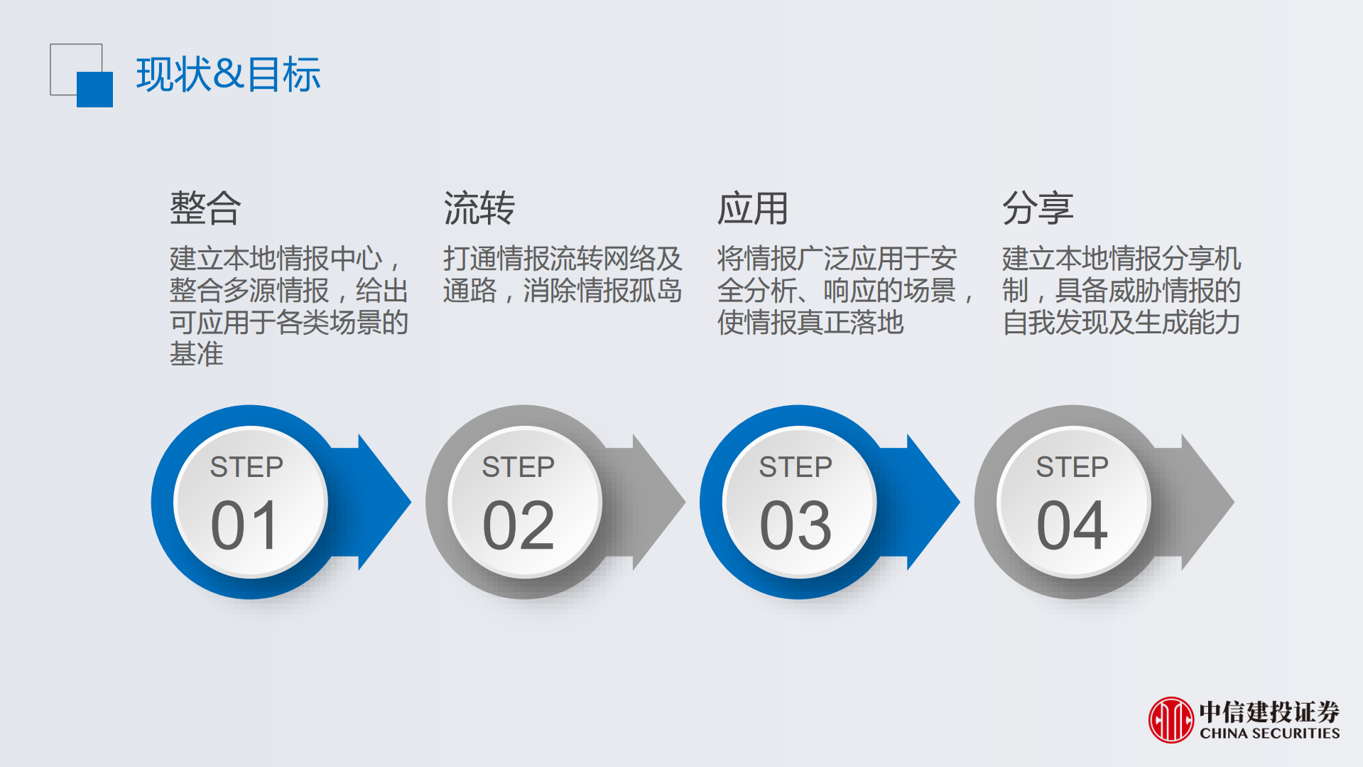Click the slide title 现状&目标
coord(228,74)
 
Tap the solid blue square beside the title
coord(95,90)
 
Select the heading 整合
coord(205,208)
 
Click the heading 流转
coord(479,208)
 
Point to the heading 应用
coord(753,208)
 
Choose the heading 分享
coord(1038,208)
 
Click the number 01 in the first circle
coord(245,526)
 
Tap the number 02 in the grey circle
coord(518,526)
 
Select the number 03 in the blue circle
coord(795,526)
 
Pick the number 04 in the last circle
coord(1072,526)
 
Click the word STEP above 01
coord(246,467)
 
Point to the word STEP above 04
coord(1072,467)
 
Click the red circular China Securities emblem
coord(1171,720)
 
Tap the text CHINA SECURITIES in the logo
coord(1269,734)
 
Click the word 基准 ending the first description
coord(197,354)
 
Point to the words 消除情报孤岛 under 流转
coord(602,291)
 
